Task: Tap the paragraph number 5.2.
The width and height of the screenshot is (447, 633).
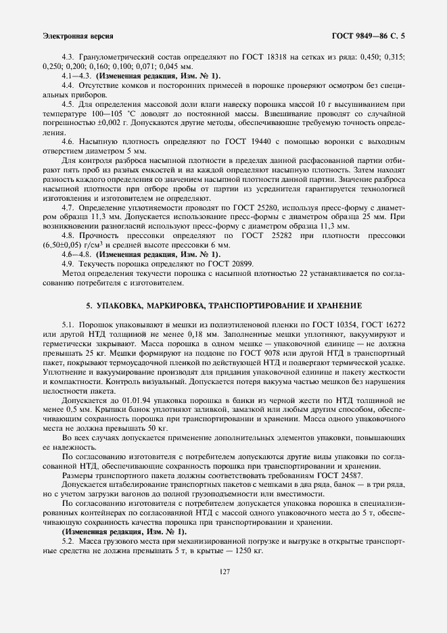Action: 68,542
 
